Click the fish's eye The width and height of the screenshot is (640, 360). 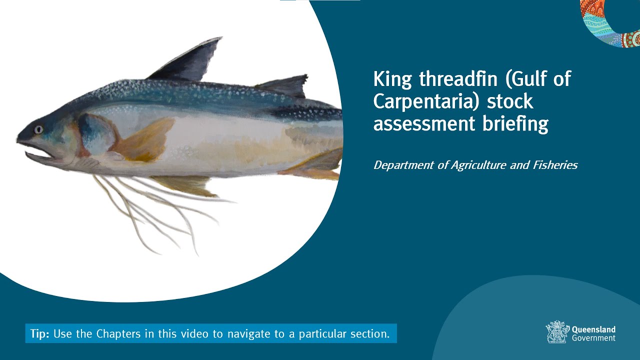click(x=38, y=129)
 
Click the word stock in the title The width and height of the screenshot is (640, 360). click(x=510, y=101)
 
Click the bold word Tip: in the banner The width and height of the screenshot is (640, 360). click(x=39, y=334)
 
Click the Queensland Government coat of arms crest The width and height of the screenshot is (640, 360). click(x=556, y=331)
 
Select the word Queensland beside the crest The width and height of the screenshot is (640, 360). click(x=593, y=329)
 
